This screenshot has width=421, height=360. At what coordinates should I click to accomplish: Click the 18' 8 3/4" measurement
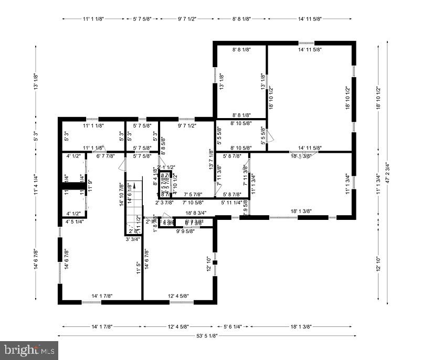click(196, 213)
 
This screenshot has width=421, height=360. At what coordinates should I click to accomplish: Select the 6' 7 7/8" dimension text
click(106, 156)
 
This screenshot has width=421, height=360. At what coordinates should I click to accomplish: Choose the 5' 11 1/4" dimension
click(231, 203)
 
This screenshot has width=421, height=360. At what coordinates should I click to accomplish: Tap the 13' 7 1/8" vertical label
click(211, 160)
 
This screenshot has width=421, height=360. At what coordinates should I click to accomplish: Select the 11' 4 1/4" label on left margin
click(36, 185)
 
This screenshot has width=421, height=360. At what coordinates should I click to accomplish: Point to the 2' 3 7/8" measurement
click(165, 203)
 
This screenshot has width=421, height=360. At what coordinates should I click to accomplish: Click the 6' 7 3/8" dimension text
click(194, 223)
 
